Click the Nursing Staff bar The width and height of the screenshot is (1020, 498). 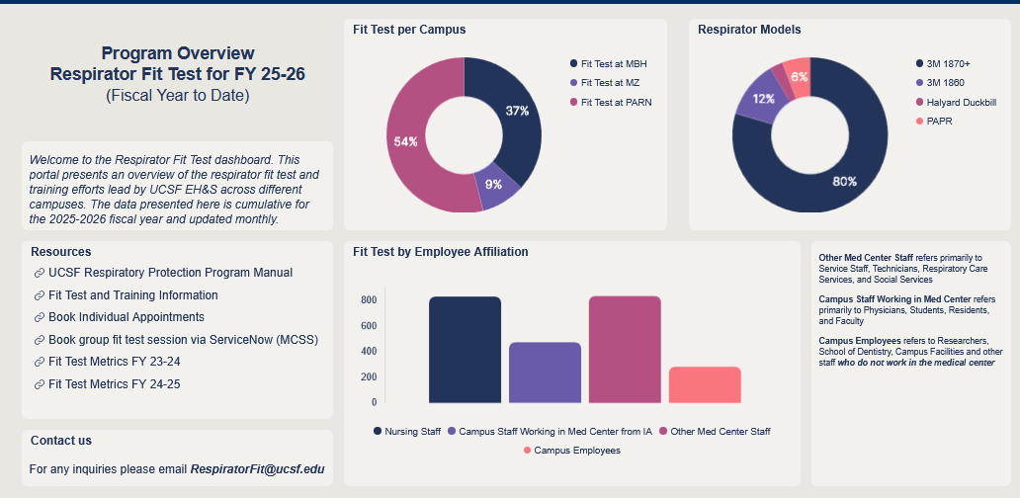point(465,350)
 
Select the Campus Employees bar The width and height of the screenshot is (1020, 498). point(705,384)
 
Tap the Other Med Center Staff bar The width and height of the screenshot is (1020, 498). point(625,350)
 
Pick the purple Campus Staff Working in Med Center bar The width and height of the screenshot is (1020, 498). point(545,373)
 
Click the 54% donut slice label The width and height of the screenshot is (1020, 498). point(406,141)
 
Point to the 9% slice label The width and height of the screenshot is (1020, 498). point(493,184)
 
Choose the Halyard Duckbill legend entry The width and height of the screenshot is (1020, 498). point(960,102)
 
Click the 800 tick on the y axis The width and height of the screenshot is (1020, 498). point(368,300)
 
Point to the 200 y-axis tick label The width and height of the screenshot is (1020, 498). point(368,377)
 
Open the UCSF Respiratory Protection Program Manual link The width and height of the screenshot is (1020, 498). point(170,273)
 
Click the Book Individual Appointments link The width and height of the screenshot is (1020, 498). point(126,317)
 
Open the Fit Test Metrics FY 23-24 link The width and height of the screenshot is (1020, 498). point(114,362)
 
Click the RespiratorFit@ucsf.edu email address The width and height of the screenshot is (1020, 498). point(257,468)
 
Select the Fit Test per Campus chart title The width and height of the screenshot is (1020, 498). point(409,30)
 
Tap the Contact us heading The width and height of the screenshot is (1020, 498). point(61,441)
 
